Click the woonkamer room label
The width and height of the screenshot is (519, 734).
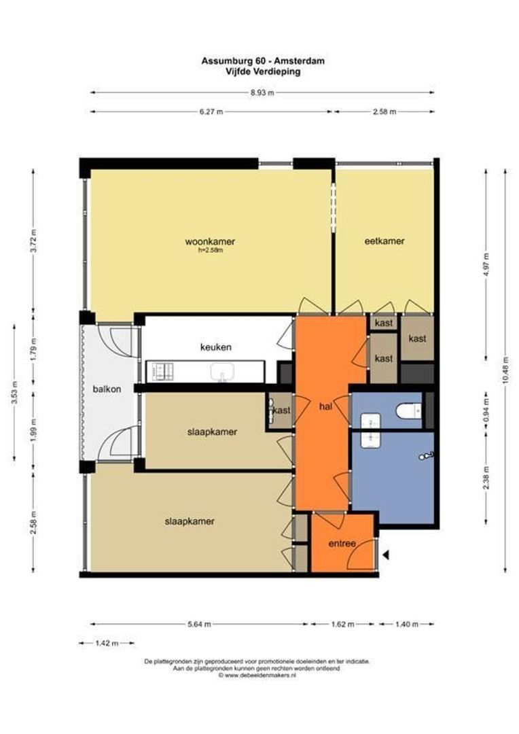point(210,241)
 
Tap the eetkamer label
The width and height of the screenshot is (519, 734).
point(384,241)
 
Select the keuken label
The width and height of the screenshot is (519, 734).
point(215,347)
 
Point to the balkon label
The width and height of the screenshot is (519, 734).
point(107,389)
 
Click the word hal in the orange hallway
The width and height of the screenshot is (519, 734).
point(325,406)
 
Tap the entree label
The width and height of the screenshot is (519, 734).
point(342,544)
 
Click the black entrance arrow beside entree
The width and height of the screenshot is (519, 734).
point(386,555)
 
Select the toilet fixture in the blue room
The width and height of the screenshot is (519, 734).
point(408,411)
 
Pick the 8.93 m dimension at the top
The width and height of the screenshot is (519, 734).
point(262,92)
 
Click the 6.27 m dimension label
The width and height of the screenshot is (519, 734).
point(211,112)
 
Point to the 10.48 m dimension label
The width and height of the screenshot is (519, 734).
point(505,370)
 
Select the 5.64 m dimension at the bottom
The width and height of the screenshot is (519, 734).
point(199,624)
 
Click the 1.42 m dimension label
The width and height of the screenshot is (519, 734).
point(107,643)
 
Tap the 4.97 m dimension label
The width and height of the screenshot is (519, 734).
point(486,264)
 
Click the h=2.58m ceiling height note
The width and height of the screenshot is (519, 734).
point(210,250)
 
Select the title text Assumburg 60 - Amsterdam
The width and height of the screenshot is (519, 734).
point(263,61)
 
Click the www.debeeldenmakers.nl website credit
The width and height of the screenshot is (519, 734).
point(257,676)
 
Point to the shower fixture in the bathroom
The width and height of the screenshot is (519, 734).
point(427,455)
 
